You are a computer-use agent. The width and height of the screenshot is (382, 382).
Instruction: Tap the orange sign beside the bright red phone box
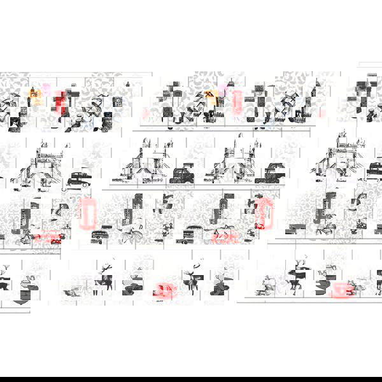tap(36, 97)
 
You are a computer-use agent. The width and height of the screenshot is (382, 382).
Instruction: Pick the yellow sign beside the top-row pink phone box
tap(212, 97)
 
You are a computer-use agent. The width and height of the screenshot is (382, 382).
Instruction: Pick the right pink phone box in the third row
tap(261, 213)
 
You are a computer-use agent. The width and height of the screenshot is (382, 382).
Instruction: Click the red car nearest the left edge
tap(47, 238)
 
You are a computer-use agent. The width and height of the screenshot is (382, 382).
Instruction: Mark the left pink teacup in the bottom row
tap(164, 291)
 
